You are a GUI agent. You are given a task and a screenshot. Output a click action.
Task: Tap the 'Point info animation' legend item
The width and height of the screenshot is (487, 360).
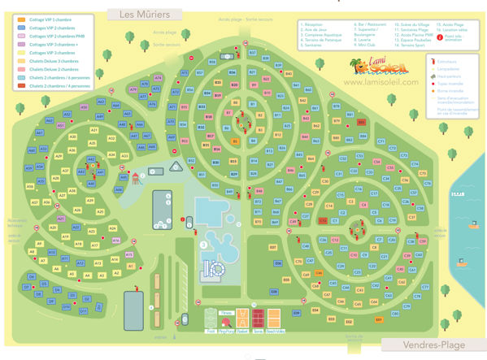click(x=454, y=37)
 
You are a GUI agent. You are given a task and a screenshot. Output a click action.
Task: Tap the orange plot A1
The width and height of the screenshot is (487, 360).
click(x=129, y=265)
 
